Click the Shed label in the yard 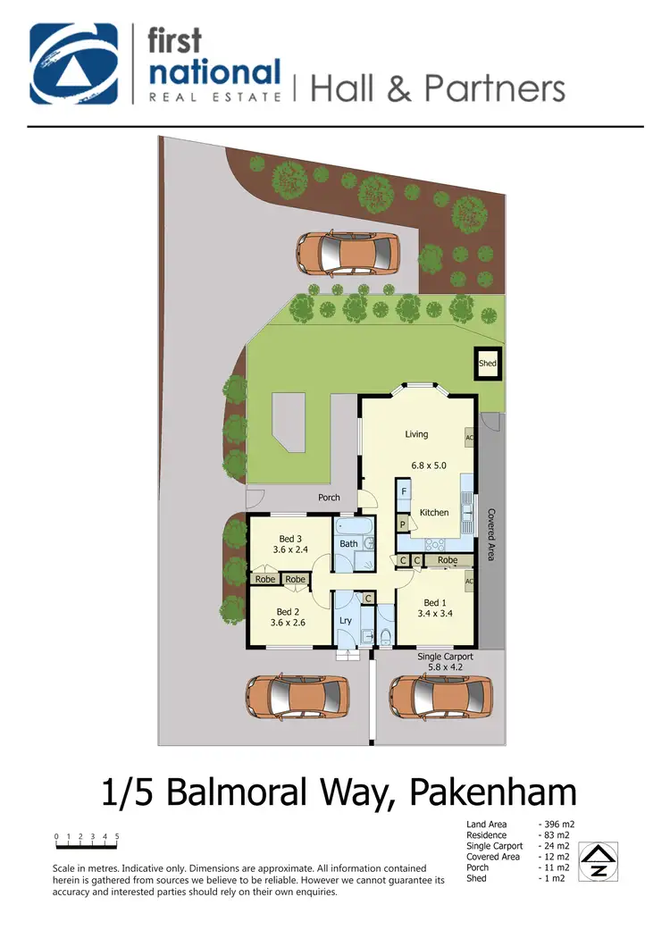point(487,364)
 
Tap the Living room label point(416,434)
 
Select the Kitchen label point(434,513)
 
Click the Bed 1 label point(433,602)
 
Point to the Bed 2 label point(288,611)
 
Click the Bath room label point(348,543)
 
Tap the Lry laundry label point(346,620)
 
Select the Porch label point(329,498)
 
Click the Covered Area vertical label point(491,534)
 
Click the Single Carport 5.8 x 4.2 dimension point(445,667)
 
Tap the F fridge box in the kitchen point(404,492)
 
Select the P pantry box point(403,524)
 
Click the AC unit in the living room point(469,438)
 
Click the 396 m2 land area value point(558,824)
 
